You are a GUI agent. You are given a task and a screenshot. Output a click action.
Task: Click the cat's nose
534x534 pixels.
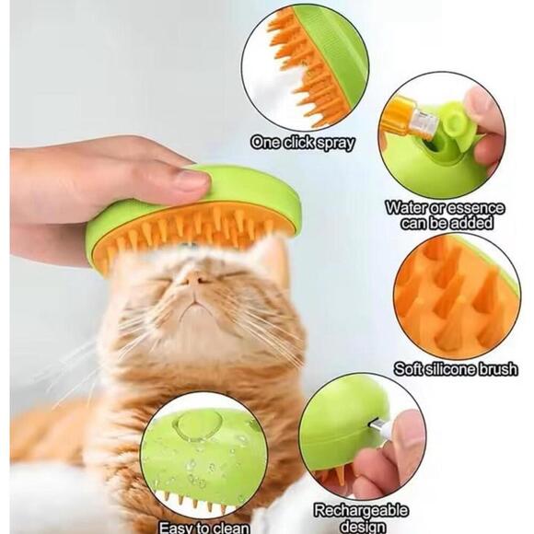click(195, 276)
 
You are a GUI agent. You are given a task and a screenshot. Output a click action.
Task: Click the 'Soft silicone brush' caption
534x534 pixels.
click(456, 369)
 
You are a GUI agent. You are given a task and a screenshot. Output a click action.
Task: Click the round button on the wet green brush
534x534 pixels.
click(192, 424)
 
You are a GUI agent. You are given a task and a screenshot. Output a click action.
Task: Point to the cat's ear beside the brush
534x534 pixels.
click(273, 253)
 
